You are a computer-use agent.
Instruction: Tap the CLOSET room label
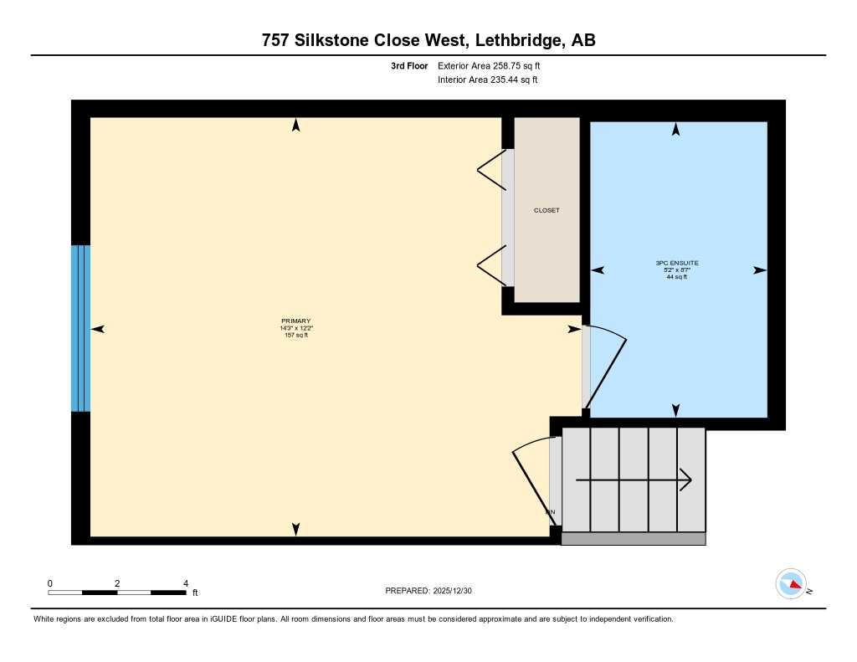coord(547,210)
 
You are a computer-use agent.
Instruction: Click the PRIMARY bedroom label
coord(296,321)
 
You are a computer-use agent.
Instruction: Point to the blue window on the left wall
coord(80,328)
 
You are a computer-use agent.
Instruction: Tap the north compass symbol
coord(791,583)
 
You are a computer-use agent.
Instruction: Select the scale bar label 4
coord(186,583)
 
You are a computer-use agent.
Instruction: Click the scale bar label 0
coord(50,583)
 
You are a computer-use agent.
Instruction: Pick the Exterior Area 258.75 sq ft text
coord(495,65)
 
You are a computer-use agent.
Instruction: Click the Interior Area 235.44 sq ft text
coord(487,80)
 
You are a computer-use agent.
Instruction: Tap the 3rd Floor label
coord(409,65)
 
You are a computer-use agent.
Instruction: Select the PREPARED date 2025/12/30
coord(434,591)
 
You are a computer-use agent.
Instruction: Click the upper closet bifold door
coord(490,171)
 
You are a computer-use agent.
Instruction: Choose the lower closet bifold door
coord(490,267)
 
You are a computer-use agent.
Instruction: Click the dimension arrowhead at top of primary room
coord(295,126)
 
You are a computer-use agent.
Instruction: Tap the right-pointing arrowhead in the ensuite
coord(759,270)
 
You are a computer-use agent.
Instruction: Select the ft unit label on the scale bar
coord(195,593)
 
